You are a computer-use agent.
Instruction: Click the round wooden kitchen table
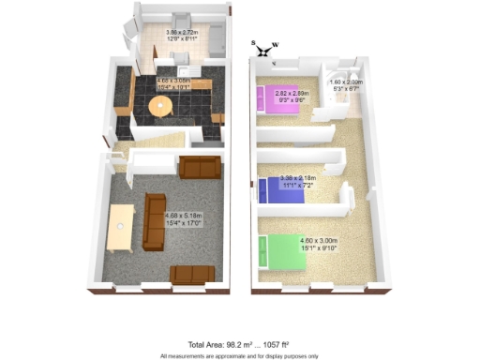coord(162,108)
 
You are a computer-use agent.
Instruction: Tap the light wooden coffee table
coord(119,230)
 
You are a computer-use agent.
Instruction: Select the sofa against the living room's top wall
coord(200,168)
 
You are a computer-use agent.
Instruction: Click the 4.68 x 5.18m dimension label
coord(183,219)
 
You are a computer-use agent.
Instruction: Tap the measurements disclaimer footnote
coord(239,355)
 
